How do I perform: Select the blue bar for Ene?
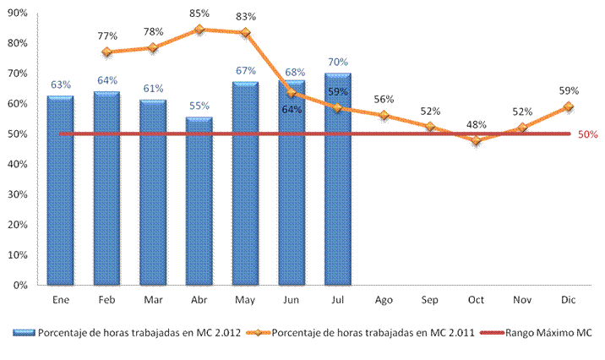tap(61, 191)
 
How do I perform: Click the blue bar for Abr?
tap(199, 201)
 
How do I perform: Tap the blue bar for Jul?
tap(338, 179)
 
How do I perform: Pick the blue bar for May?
tap(245, 183)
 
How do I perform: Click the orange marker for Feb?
tap(106, 52)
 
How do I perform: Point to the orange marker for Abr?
tap(199, 30)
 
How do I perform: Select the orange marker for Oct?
tap(476, 140)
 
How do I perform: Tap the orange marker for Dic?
tap(569, 106)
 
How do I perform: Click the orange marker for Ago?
tap(384, 116)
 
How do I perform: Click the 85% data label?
tap(199, 14)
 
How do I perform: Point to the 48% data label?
tap(477, 124)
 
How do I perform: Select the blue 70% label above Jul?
tap(338, 62)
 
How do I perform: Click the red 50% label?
tap(587, 134)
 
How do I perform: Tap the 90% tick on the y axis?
tap(18, 14)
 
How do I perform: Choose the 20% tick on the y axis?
tap(18, 225)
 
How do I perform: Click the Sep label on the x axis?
tap(430, 300)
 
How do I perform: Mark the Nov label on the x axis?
tap(522, 300)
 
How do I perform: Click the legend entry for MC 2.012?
tap(127, 333)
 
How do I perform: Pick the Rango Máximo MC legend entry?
tap(537, 333)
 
